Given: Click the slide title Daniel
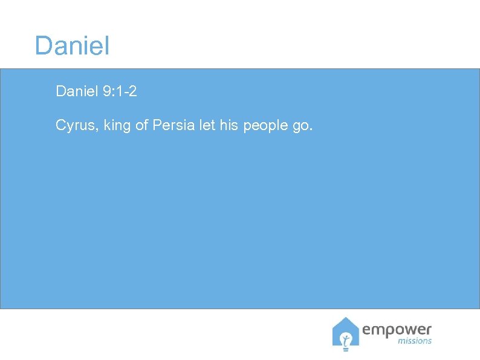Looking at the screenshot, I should pyautogui.click(x=72, y=46).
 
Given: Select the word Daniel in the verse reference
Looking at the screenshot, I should pyautogui.click(x=76, y=91).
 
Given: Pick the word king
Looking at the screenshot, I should pyautogui.click(x=116, y=125).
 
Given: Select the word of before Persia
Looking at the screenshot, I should pyautogui.click(x=141, y=125).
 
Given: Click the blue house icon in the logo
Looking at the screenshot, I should pyautogui.click(x=345, y=333).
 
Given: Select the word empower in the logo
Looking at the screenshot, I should pyautogui.click(x=397, y=330).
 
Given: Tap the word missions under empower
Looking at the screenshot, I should pyautogui.click(x=415, y=341).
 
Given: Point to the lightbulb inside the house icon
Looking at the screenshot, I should pyautogui.click(x=346, y=339).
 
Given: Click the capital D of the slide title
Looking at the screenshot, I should pyautogui.click(x=44, y=46).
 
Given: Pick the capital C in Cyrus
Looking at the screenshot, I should pyautogui.click(x=61, y=125).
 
